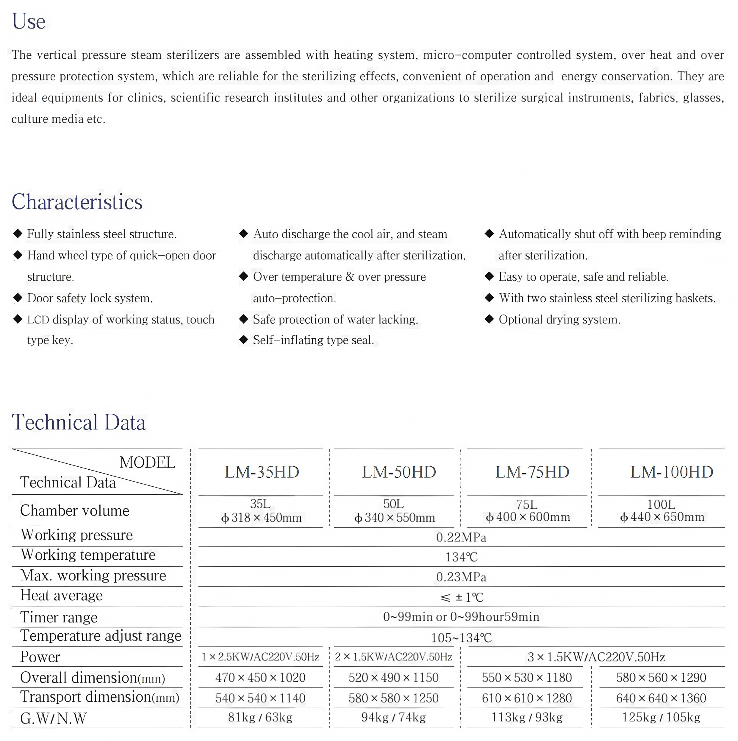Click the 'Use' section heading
coord(29,21)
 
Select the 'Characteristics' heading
coord(77,202)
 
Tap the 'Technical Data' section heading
coord(79,423)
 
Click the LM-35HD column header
coord(262,472)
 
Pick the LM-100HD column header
coord(672,472)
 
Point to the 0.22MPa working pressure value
coord(461,537)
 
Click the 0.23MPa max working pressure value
coord(461,577)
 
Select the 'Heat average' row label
coord(61,595)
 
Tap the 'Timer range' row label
coord(59,617)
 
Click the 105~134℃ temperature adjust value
coord(461,638)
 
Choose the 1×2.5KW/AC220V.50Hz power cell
coord(261,657)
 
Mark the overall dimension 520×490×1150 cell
coord(393,678)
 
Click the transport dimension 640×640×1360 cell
coord(661,698)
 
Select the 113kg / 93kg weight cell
coord(527,717)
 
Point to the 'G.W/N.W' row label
coord(53,718)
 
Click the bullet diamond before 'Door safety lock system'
coord(18,298)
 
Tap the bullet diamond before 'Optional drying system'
coord(489,319)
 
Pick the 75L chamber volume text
coord(527,504)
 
